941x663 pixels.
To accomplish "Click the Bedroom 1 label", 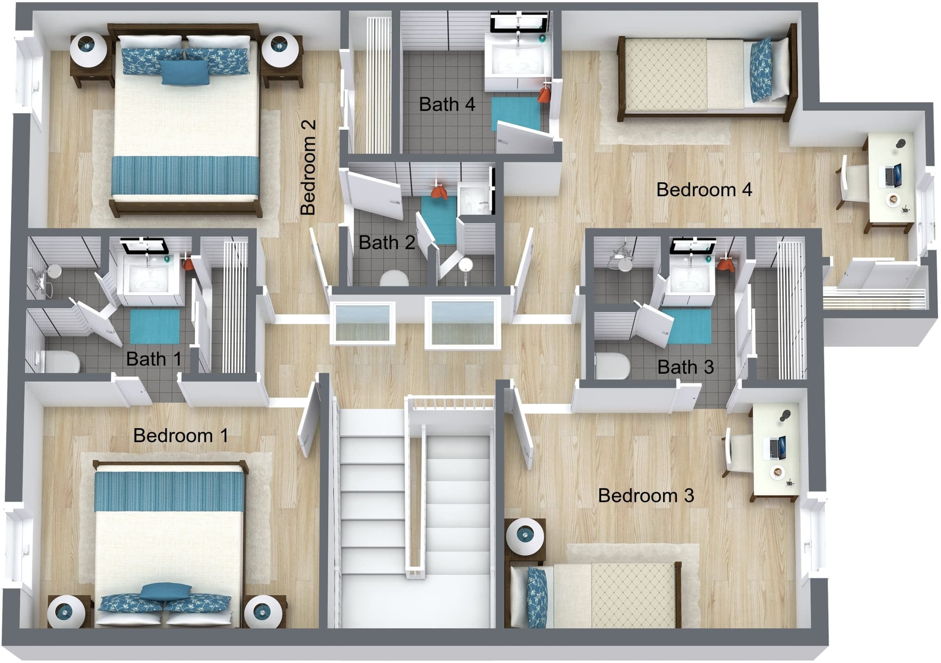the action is [x=181, y=436].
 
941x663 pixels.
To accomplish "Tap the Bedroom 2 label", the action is [x=308, y=167].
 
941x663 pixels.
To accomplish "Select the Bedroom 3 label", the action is [x=646, y=495].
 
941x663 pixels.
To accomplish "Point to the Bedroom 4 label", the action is [x=704, y=189].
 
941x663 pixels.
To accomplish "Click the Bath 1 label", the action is [x=153, y=359].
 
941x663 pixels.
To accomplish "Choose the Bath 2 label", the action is [x=387, y=242].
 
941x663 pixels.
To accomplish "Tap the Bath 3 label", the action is [x=686, y=367].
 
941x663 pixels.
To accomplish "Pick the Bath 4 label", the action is [x=447, y=104].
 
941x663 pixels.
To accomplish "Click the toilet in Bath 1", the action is [x=60, y=362].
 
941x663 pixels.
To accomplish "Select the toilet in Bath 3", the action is [x=612, y=366].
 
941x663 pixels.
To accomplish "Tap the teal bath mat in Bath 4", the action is [x=516, y=113].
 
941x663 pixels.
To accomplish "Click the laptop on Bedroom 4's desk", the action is [x=890, y=176].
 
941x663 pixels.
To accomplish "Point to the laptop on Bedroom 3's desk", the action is [x=775, y=448].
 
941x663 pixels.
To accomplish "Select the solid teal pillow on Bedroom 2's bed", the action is [x=185, y=72].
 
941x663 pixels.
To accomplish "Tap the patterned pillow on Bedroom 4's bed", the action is [x=760, y=70].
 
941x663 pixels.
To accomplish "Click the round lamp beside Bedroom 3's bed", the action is [x=525, y=537].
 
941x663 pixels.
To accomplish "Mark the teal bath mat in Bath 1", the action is [x=155, y=327].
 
